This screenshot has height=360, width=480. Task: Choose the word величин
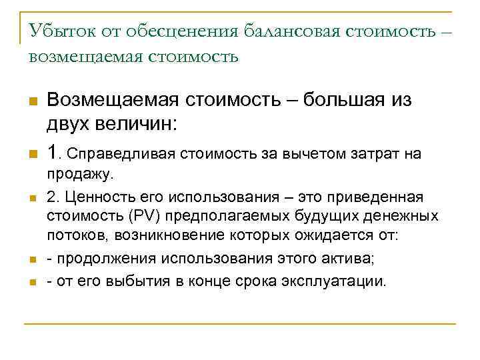point(125,124)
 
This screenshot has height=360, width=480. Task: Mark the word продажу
point(81,176)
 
